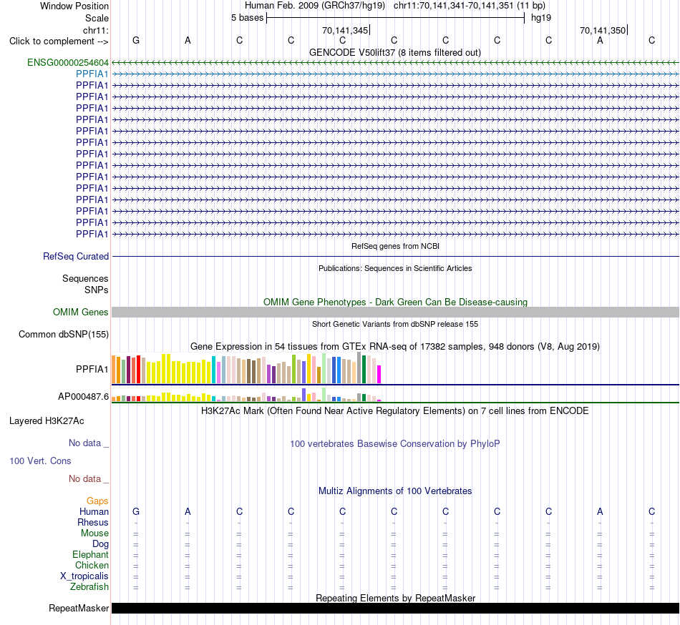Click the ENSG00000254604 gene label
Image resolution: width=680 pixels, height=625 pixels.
point(68,62)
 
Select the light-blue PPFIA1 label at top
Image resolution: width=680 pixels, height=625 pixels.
point(92,74)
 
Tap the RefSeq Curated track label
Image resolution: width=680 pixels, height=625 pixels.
point(76,257)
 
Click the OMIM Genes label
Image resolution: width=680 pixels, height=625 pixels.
point(81,312)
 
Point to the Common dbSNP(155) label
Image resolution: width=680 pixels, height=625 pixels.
point(64,335)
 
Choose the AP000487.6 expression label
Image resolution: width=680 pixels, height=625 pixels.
point(83,396)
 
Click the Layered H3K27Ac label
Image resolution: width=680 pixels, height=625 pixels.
point(47,421)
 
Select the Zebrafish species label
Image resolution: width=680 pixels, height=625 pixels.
point(89,587)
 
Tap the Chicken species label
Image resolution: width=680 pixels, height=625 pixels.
point(92,565)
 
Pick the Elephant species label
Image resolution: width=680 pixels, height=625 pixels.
point(91,555)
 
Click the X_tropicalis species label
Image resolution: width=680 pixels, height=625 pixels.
point(84,576)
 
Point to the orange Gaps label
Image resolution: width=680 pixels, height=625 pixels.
point(97,501)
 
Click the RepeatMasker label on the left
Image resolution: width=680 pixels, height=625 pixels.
point(79,609)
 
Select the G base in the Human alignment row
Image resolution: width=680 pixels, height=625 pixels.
point(136,512)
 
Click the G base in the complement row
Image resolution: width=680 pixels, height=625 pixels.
point(136,41)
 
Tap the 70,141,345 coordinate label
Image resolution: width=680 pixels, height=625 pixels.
point(345,30)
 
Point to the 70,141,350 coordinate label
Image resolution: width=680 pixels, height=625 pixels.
point(603,30)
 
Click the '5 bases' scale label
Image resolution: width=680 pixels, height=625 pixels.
point(247,18)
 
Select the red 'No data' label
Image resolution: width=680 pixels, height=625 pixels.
point(85,479)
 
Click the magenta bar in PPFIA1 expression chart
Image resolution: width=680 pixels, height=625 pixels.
point(379,375)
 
